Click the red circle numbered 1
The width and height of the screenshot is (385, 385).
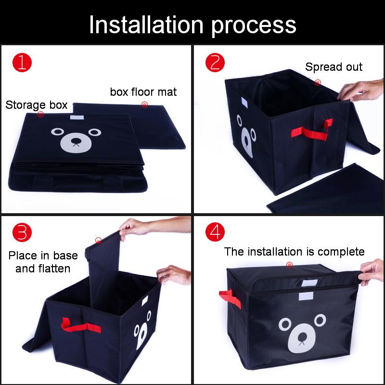(x=22, y=63)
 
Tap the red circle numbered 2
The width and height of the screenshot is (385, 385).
(x=215, y=63)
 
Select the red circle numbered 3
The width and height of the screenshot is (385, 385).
(x=22, y=232)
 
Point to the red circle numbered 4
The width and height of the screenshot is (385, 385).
(x=215, y=232)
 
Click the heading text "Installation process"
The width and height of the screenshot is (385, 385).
(x=192, y=25)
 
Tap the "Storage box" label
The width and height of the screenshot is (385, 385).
(x=37, y=105)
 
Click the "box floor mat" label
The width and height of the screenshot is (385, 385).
(x=143, y=92)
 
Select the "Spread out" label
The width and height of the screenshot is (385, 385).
(x=334, y=67)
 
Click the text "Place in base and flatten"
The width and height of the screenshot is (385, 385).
(x=43, y=262)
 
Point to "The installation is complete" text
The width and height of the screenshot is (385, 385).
(x=294, y=252)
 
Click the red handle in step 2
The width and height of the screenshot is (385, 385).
(x=312, y=130)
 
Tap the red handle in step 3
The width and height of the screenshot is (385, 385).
(x=81, y=325)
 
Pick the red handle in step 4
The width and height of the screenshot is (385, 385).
(x=230, y=298)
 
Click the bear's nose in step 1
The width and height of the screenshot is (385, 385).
(x=76, y=141)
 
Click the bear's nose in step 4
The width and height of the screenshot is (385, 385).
(x=302, y=336)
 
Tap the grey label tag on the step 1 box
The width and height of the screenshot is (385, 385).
(x=77, y=117)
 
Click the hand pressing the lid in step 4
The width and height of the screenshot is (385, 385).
(x=371, y=271)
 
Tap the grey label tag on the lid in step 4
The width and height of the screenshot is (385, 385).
(x=309, y=283)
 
